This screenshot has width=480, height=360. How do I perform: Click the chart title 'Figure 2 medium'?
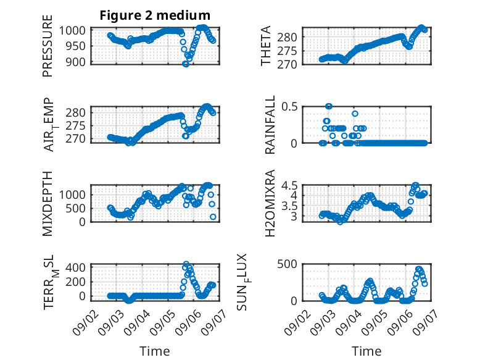tap(155, 15)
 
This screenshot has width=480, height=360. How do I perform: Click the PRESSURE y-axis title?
tap(48, 46)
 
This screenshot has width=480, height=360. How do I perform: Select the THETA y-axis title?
tap(266, 46)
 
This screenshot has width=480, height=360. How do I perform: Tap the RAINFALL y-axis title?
tap(270, 125)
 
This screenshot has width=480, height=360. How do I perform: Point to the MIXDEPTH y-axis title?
tap(48, 203)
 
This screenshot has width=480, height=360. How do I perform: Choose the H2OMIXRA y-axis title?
tap(270, 203)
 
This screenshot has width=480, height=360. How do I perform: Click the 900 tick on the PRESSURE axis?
tap(76, 62)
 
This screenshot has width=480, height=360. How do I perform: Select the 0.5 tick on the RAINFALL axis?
tap(289, 107)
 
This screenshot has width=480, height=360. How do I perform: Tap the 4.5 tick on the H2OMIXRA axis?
tap(289, 186)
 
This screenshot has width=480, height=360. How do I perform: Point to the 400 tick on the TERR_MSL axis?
tap(76, 268)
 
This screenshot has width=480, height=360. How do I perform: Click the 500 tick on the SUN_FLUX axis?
tap(287, 264)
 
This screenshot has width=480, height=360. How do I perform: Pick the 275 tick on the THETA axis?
tap(287, 51)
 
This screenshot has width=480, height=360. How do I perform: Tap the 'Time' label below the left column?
tap(155, 351)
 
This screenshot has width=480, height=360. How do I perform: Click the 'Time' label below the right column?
tap(366, 351)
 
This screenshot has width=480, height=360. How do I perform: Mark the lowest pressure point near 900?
tap(186, 64)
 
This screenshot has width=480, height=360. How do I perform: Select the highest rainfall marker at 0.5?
tap(329, 106)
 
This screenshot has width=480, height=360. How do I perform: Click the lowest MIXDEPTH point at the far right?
tap(213, 217)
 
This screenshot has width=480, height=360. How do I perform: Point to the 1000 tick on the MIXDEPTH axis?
tap(73, 195)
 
